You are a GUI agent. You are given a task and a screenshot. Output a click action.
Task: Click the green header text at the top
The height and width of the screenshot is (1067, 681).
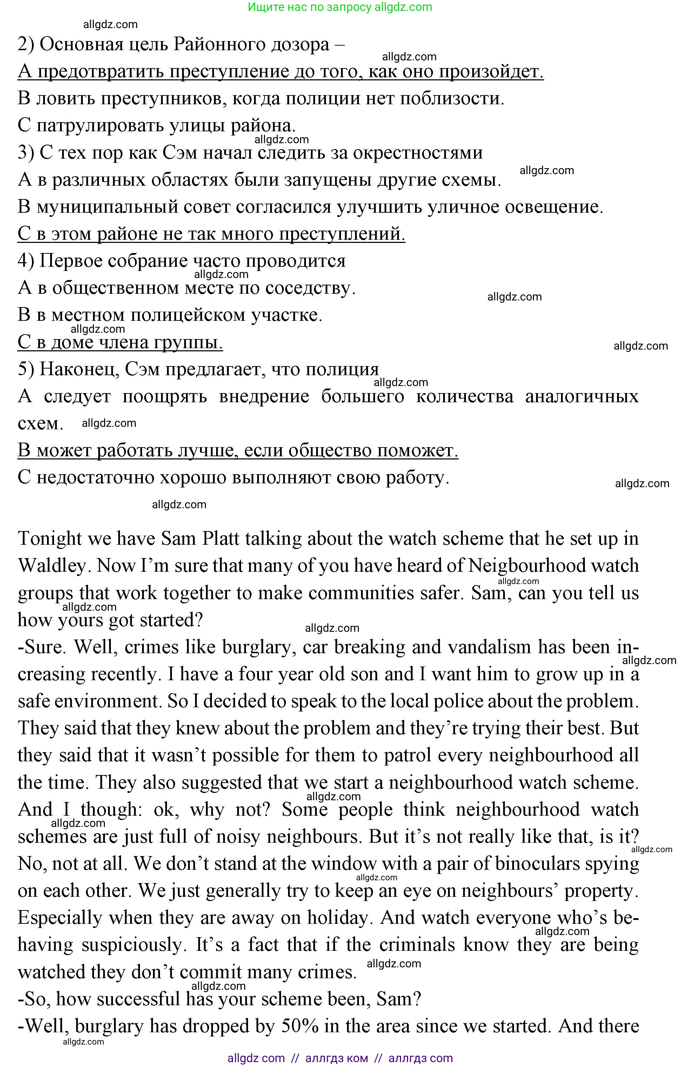tap(340, 7)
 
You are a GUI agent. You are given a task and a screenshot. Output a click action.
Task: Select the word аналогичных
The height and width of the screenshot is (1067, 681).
tap(581, 396)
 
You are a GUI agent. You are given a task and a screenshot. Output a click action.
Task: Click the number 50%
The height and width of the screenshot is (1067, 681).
tap(300, 1026)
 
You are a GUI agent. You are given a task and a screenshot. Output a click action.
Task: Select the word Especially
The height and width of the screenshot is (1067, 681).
tap(60, 918)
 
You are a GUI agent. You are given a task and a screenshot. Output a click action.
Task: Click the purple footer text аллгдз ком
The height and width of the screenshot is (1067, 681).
tap(336, 1058)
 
